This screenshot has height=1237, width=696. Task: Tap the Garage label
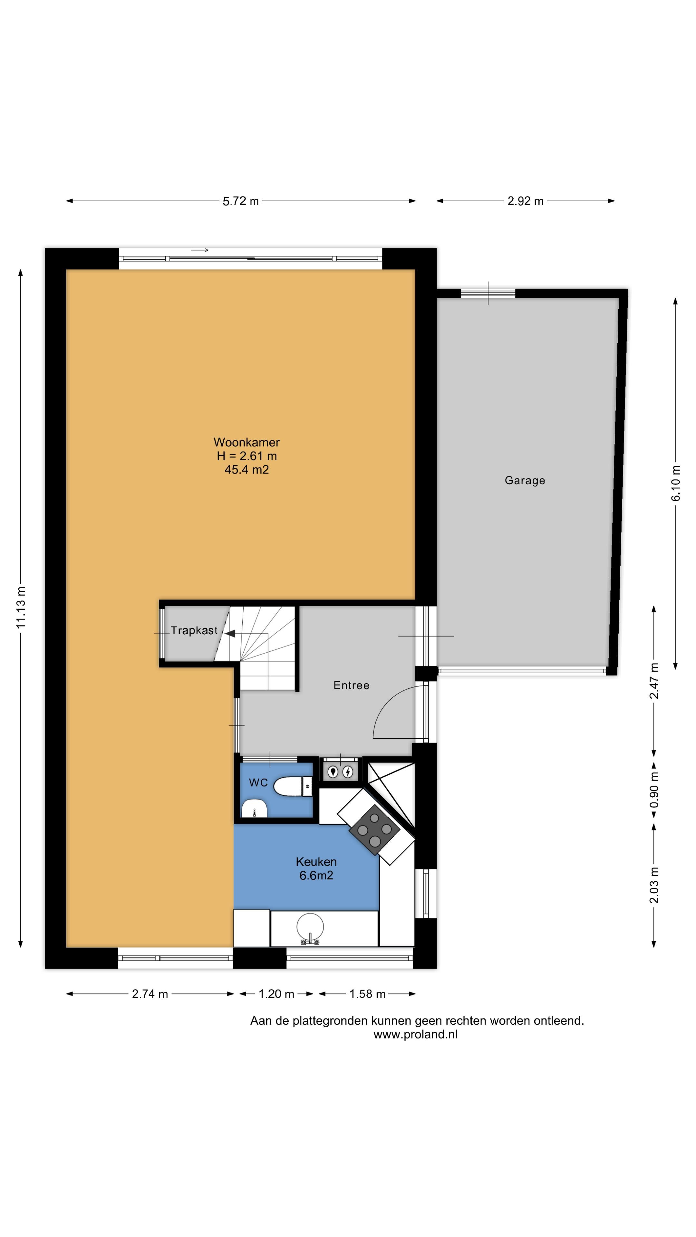[525, 480]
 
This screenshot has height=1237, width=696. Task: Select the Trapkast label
[194, 630]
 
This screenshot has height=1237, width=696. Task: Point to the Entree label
[351, 685]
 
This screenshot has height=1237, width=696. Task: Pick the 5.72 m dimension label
[241, 201]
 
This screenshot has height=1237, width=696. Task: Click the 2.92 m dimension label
[526, 201]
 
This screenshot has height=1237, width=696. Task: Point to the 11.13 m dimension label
[20, 608]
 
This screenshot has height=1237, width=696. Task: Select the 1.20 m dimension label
[276, 994]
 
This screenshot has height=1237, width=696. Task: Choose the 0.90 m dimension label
[654, 790]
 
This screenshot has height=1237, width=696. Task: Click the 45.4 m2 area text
[247, 470]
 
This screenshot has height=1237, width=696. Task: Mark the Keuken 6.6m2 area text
[316, 868]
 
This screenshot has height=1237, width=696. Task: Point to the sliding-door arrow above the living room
[200, 250]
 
